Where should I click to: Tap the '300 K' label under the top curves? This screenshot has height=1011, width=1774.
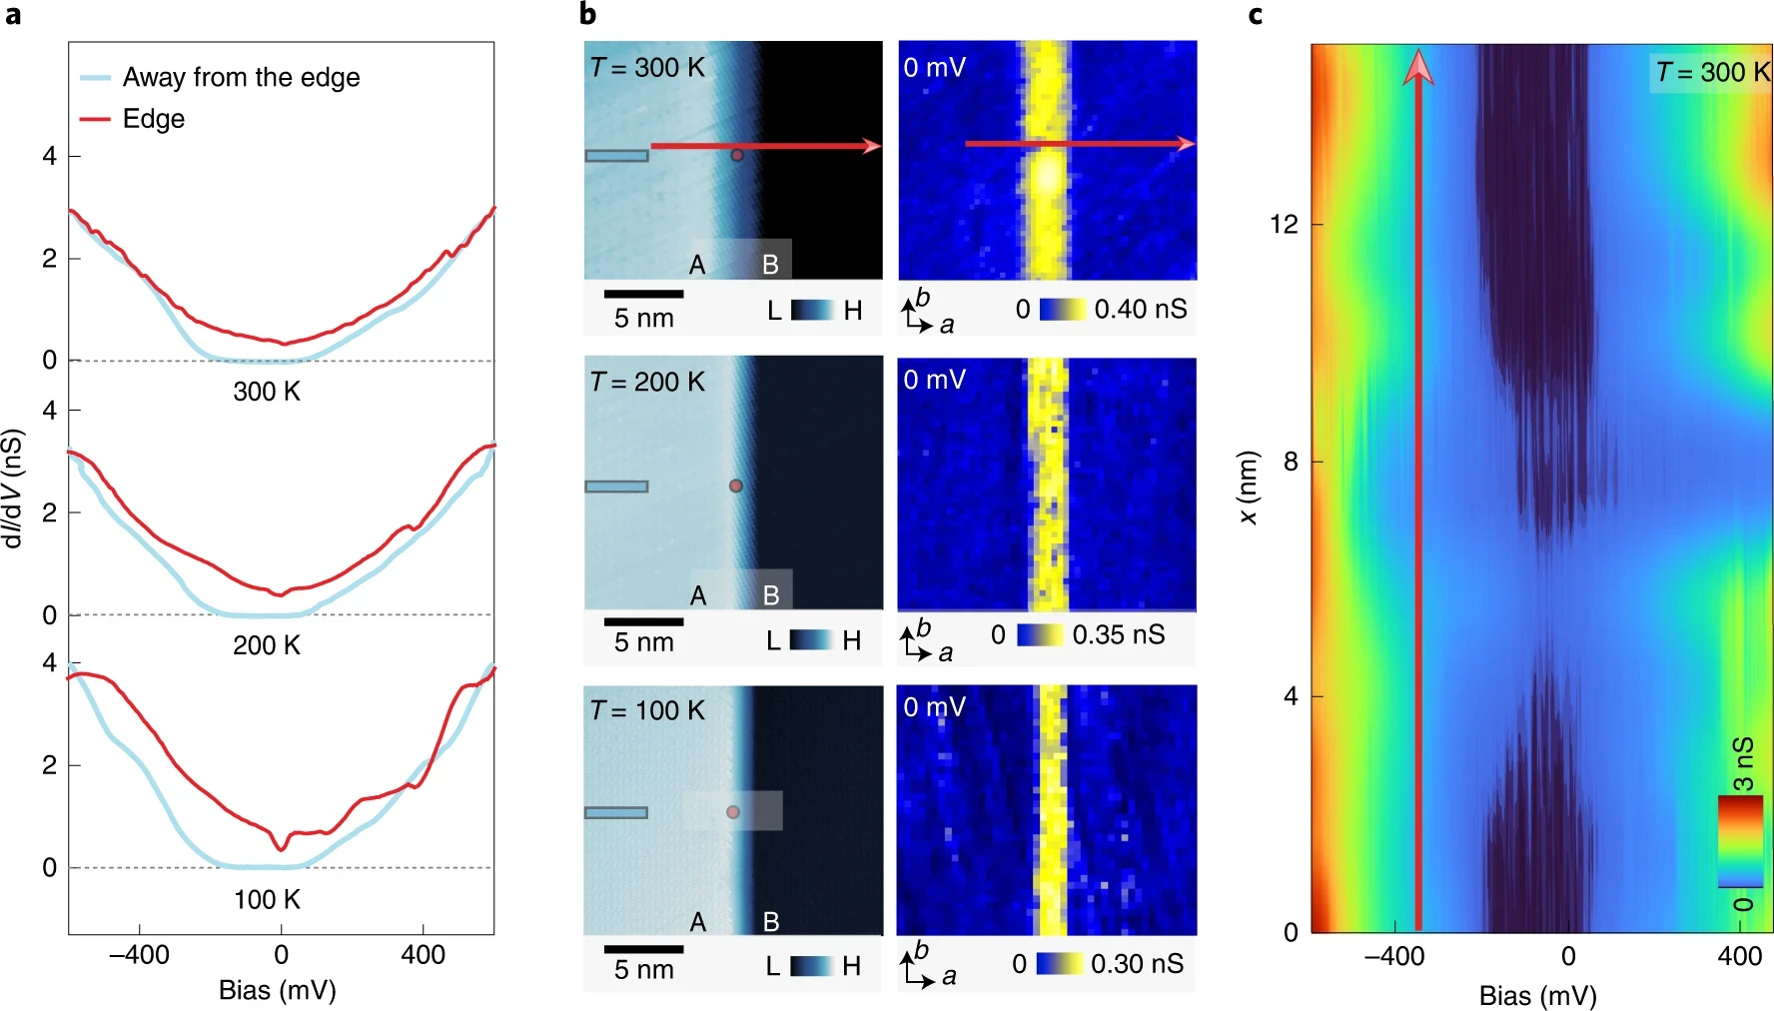pyautogui.click(x=267, y=391)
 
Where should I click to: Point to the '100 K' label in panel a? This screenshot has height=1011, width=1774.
pyautogui.click(x=267, y=899)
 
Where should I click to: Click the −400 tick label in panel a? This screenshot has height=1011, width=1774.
pyautogui.click(x=139, y=955)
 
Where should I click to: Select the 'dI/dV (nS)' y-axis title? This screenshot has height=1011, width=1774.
pyautogui.click(x=12, y=489)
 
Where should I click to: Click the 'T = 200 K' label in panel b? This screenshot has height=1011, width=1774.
pyautogui.click(x=647, y=382)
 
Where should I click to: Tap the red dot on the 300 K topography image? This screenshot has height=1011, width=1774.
pyautogui.click(x=737, y=155)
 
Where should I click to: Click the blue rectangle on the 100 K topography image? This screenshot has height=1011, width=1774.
pyautogui.click(x=616, y=812)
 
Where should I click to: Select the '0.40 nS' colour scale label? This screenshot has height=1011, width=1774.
pyautogui.click(x=1141, y=309)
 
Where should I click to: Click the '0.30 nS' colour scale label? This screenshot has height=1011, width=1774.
pyautogui.click(x=1137, y=963)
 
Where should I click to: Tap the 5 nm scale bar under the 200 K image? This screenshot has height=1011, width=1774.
pyautogui.click(x=643, y=621)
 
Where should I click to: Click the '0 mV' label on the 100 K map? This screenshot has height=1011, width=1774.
pyautogui.click(x=934, y=707)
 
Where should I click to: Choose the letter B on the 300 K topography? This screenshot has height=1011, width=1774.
pyautogui.click(x=770, y=265)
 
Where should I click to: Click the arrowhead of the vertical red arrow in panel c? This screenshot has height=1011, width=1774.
pyautogui.click(x=1417, y=68)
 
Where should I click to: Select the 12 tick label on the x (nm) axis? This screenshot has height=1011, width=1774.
pyautogui.click(x=1284, y=224)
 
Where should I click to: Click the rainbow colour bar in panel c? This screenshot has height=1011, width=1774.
pyautogui.click(x=1740, y=841)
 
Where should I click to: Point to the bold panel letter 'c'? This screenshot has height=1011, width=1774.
pyautogui.click(x=1256, y=15)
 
